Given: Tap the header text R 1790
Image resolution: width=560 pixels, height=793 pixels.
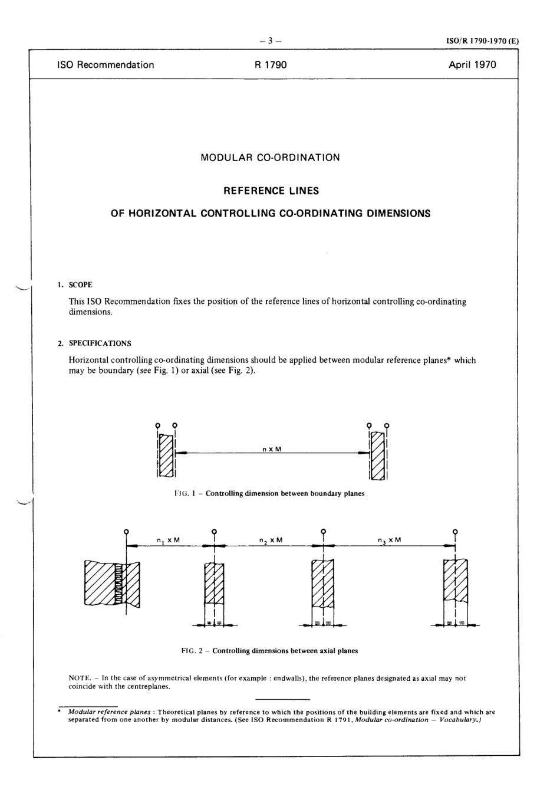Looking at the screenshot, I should click(x=271, y=65).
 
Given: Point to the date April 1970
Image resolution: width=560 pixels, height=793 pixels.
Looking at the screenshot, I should click(x=472, y=65).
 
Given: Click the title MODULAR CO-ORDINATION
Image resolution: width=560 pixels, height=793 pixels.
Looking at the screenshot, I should click(x=271, y=158).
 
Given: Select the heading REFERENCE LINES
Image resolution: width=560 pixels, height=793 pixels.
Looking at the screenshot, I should click(x=271, y=191).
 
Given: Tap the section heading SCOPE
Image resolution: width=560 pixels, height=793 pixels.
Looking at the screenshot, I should click(x=81, y=285).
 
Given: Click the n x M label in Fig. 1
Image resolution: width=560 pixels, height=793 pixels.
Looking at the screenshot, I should click(x=272, y=449).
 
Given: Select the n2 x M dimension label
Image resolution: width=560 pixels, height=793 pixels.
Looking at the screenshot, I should click(x=271, y=540).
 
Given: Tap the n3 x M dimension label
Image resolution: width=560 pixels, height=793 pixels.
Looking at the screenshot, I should click(x=389, y=540).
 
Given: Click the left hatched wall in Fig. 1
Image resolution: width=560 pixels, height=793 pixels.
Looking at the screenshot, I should click(x=166, y=456).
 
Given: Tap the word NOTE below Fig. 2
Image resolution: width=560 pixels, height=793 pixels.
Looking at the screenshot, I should click(x=79, y=679).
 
